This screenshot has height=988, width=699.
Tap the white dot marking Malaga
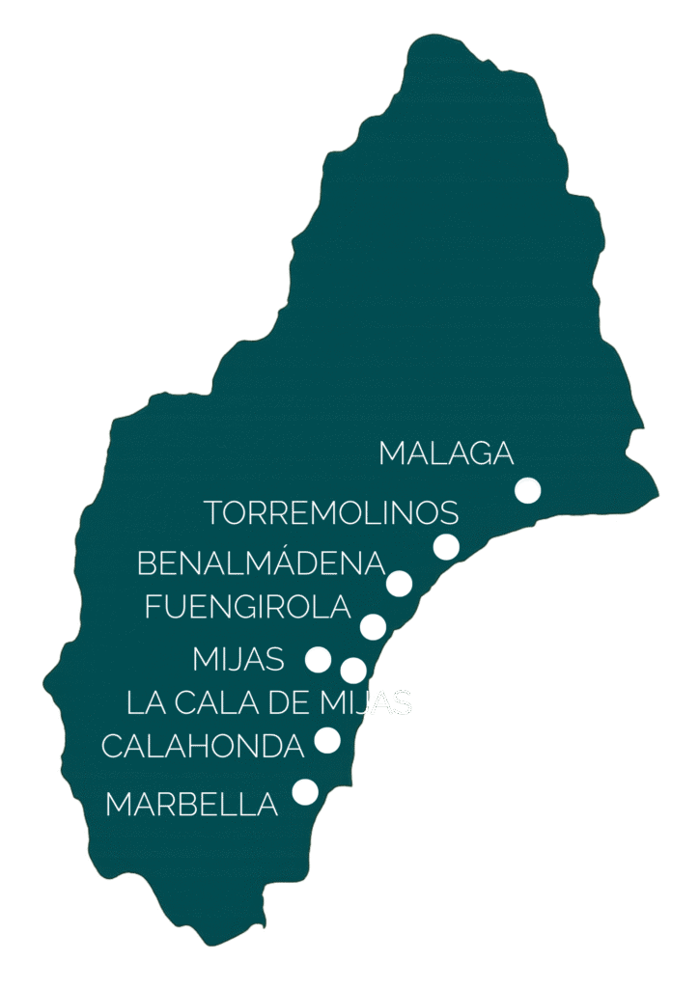(527, 490)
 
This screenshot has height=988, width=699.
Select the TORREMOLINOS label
(331, 512)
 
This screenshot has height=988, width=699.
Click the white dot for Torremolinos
(446, 546)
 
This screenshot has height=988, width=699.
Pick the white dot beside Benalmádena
(399, 583)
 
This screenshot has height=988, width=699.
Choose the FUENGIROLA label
(247, 607)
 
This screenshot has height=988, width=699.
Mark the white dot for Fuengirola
(373, 626)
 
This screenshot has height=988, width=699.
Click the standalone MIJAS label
(238, 659)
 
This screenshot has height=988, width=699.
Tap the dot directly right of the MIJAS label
(318, 659)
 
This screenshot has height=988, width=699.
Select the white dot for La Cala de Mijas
(353, 670)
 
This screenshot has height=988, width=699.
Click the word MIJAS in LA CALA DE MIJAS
(365, 702)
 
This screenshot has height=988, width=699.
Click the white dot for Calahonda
(327, 740)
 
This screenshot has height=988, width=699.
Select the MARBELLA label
(191, 804)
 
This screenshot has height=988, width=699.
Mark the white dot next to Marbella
(305, 792)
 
